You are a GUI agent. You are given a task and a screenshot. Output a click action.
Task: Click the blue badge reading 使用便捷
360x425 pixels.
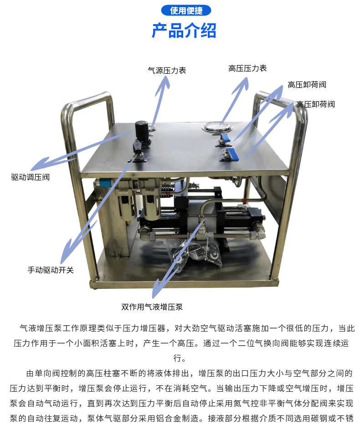pos(186,10)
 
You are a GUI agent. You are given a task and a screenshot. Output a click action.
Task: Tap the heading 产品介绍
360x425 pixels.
pos(184,31)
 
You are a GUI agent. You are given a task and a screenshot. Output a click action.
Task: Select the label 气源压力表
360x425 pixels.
pos(167,71)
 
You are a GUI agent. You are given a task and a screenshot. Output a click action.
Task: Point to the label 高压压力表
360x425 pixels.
pos(247,68)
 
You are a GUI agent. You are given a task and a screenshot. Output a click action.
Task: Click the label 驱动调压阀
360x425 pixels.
pos(31,177)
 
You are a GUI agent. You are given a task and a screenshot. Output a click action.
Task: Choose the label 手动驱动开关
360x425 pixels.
pos(51,270)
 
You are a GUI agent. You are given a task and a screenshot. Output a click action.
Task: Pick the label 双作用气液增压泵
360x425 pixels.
pos(152,307)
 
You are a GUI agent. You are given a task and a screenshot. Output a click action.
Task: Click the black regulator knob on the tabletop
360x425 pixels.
pos(142,131)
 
